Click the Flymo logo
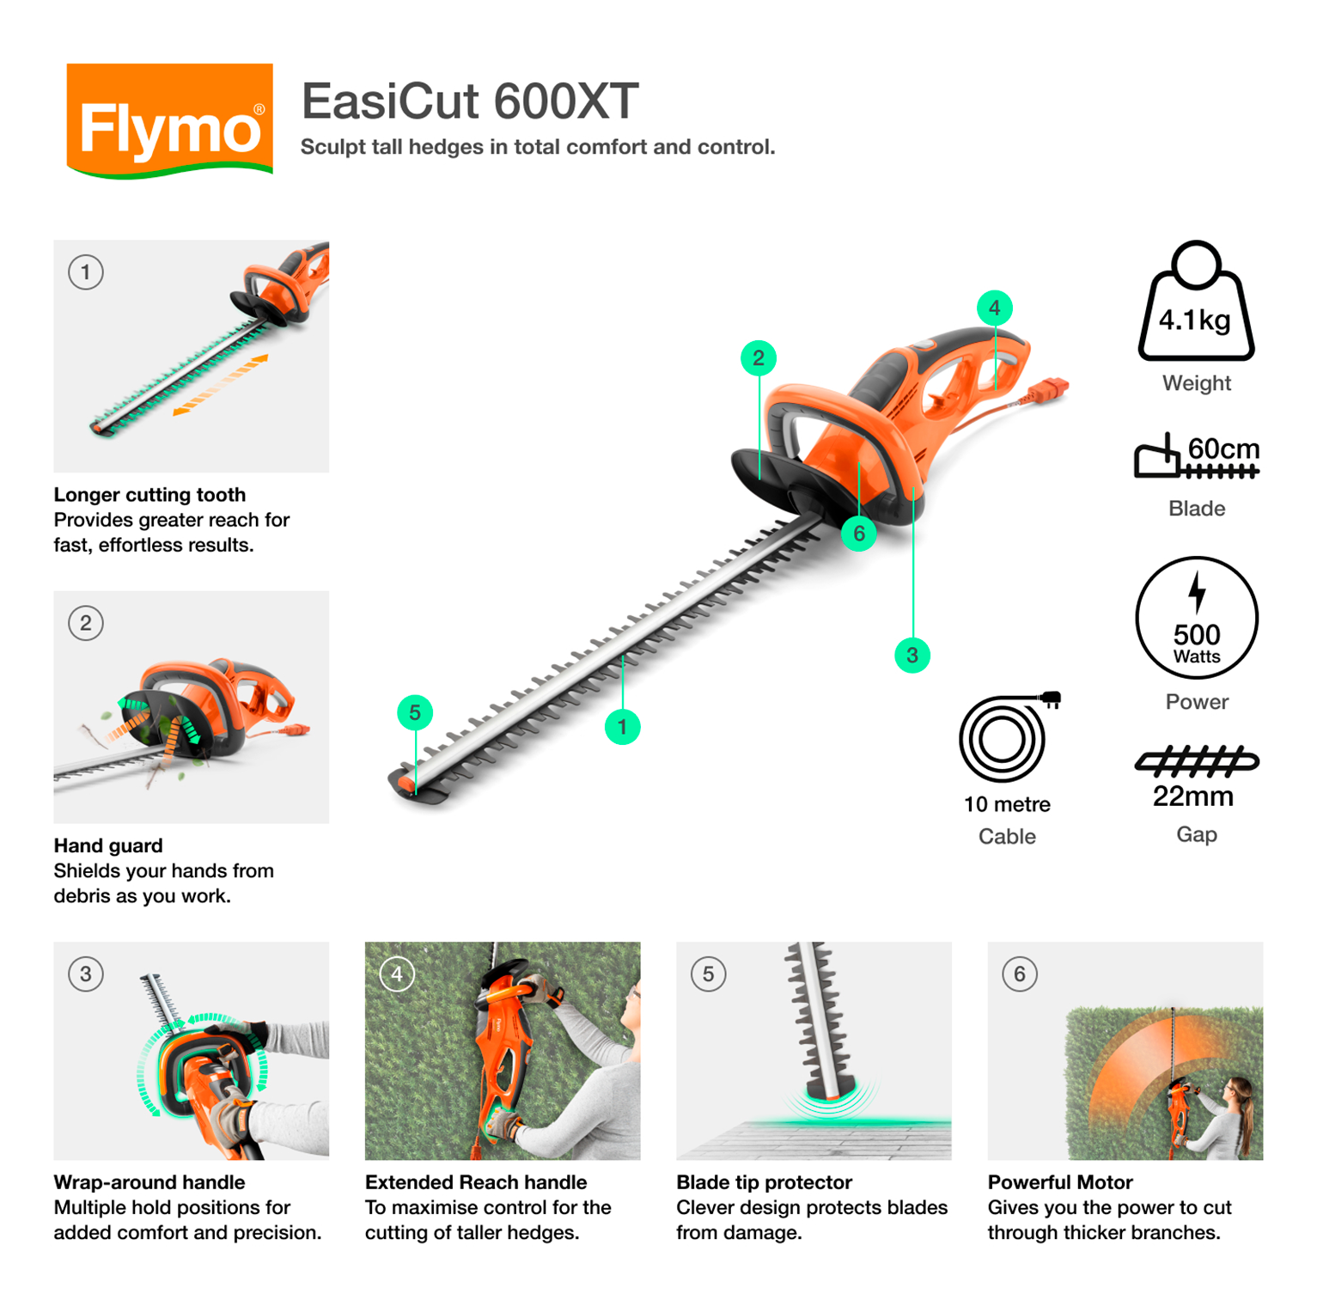[x=169, y=121]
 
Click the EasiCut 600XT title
[x=469, y=101]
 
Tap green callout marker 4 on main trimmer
[x=994, y=308]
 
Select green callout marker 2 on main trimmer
[x=758, y=357]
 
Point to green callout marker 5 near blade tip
[x=415, y=712]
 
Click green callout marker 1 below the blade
[x=622, y=727]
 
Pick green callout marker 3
[x=912, y=655]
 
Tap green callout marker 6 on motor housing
[x=858, y=534]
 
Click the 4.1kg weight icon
[x=1195, y=304]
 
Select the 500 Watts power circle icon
[x=1196, y=619]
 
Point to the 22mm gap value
[x=1192, y=796]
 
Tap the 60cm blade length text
[x=1222, y=449]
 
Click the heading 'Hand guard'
[x=108, y=845]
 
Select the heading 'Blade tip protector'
[x=764, y=1182]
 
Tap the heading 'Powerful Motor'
[x=1059, y=1182]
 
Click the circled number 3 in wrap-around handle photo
[x=86, y=973]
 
